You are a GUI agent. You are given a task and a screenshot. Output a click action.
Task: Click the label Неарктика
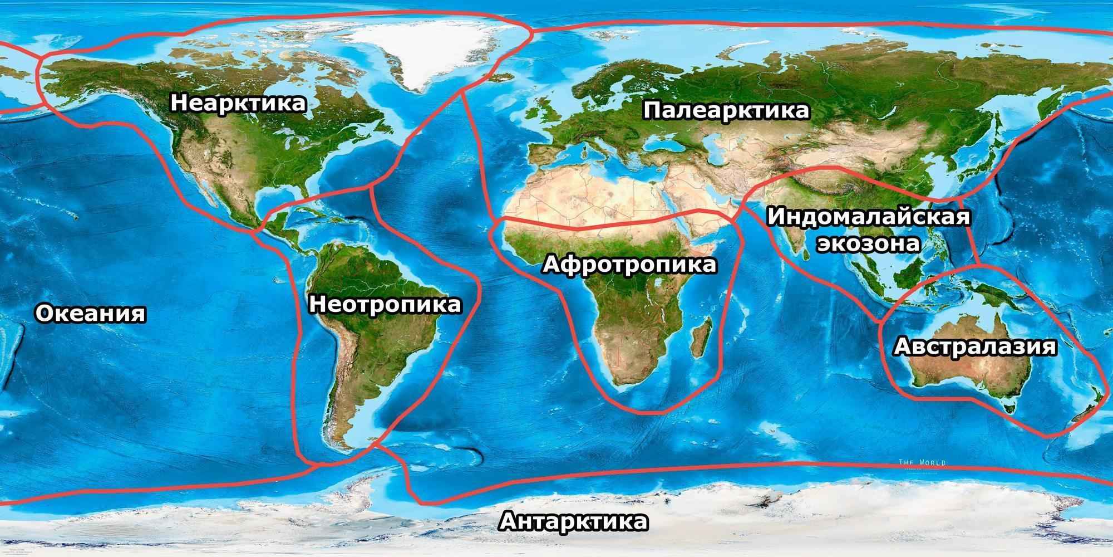pos(238,104)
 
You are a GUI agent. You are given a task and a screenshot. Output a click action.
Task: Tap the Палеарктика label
pos(726,110)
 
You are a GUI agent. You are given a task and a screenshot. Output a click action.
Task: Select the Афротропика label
pos(629,265)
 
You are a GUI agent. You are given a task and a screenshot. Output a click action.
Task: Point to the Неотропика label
pos(385,305)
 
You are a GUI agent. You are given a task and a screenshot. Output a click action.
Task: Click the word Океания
pos(91,314)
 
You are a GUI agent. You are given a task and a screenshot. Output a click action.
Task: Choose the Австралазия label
pos(974,346)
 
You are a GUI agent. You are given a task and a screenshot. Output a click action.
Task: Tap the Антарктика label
pos(574,522)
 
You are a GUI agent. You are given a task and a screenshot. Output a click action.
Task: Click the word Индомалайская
pos(868,217)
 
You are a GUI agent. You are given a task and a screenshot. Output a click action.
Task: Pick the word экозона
pos(868,244)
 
